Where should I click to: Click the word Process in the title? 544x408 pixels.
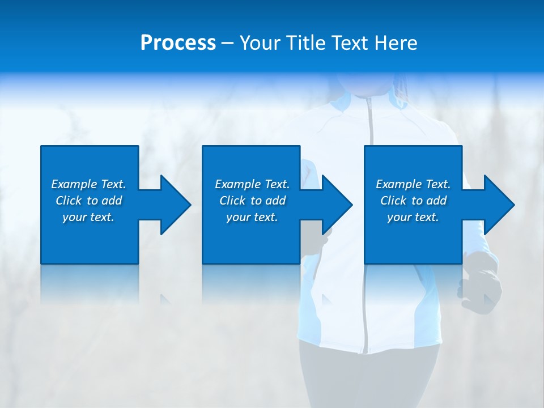178,43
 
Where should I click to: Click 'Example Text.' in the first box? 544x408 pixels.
88,184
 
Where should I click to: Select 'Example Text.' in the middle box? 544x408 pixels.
252,184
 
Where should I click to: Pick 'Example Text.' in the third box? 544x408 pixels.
413,184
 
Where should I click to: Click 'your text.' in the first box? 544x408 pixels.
88,217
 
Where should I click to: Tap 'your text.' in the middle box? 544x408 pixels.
252,217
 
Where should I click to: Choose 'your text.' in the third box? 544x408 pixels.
413,217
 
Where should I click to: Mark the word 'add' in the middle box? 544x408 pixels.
275,201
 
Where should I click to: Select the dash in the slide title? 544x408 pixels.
228,44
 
